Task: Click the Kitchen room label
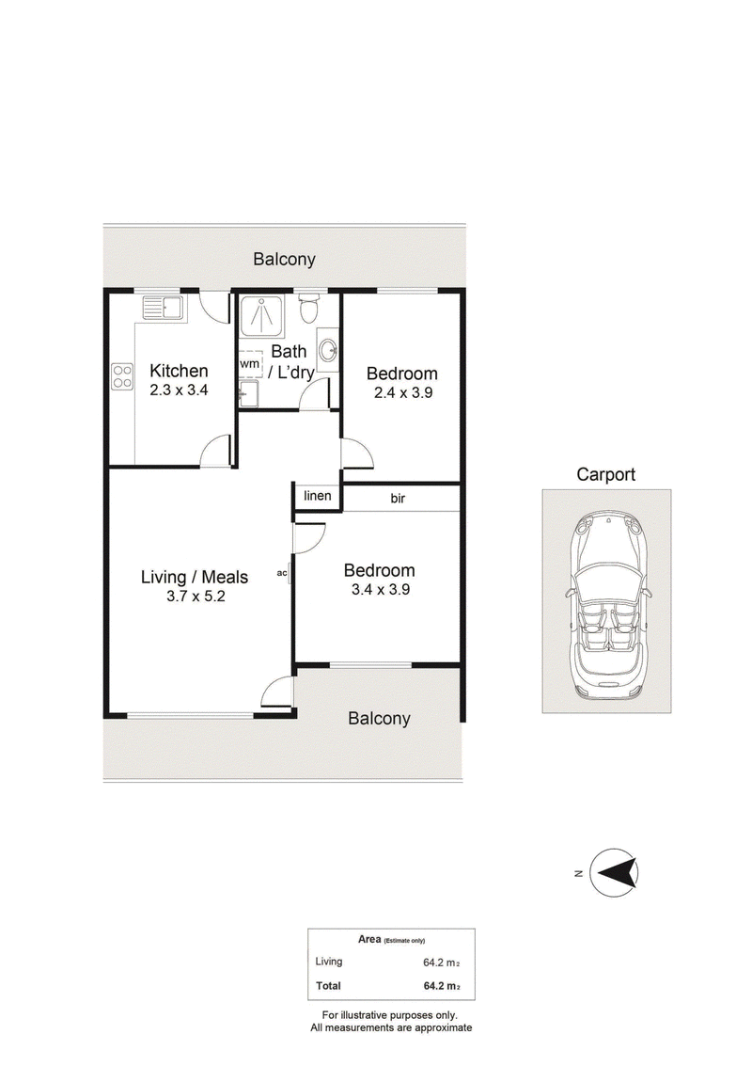pos(179,371)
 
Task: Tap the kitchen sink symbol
pos(163,309)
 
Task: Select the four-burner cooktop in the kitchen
pos(122,376)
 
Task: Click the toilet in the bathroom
pos(309,309)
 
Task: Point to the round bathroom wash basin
pos(329,352)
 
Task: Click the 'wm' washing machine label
pos(249,364)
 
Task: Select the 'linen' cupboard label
pos(317,496)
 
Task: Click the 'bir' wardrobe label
pos(398,499)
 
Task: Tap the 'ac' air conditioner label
pos(282,573)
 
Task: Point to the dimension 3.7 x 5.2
pos(196,597)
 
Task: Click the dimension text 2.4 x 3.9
pos(403,392)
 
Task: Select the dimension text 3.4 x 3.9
pos(381,589)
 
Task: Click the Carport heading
pos(606,474)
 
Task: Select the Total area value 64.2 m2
pos(442,986)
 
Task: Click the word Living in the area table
pos(329,962)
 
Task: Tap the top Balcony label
pos(285,259)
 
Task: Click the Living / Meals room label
pos(195,577)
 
